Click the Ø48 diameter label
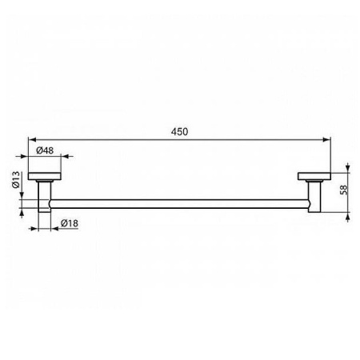pyautogui.click(x=45, y=149)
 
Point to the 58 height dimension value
pyautogui.click(x=344, y=191)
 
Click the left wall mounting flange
pyautogui.click(x=46, y=177)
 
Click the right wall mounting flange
pyautogui.click(x=314, y=177)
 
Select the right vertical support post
pyautogui.click(x=314, y=197)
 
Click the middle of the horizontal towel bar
pyautogui.click(x=180, y=204)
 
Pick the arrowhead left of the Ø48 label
pyautogui.click(x=31, y=157)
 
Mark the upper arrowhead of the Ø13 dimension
pyautogui.click(x=24, y=198)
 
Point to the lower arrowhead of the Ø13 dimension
pyautogui.click(x=24, y=211)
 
